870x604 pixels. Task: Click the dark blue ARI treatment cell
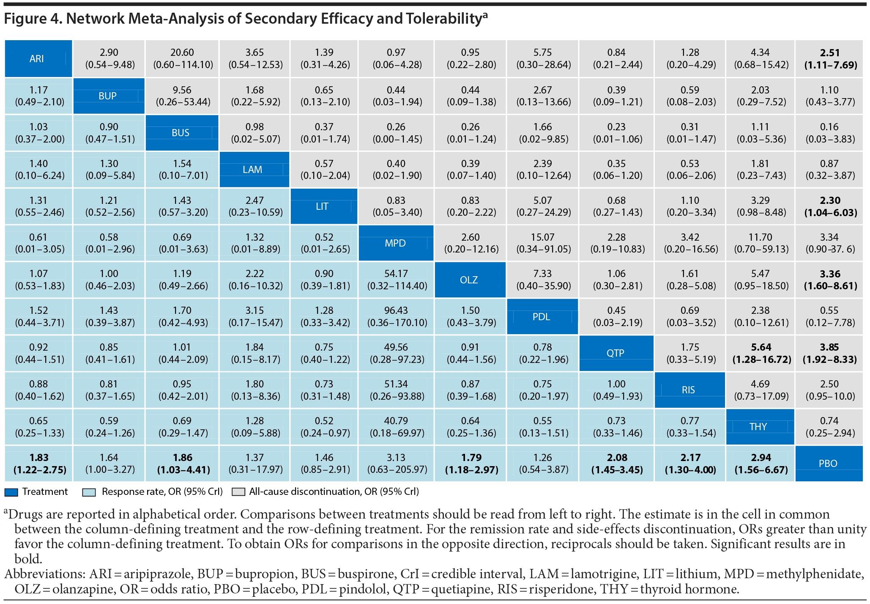click(38, 59)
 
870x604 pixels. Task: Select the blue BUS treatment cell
click(182, 133)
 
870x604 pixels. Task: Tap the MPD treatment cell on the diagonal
click(396, 243)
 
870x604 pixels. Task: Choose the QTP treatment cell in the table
click(616, 353)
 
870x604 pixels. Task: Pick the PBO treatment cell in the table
click(829, 464)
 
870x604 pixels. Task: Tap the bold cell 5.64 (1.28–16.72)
click(761, 354)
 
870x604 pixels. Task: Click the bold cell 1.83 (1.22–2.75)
click(39, 464)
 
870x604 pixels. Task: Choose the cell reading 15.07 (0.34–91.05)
click(543, 243)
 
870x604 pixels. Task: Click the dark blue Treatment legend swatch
click(11, 492)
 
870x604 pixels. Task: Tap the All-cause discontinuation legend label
click(334, 492)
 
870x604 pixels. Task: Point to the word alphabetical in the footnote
click(178, 514)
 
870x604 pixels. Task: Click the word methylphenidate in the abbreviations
click(814, 574)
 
